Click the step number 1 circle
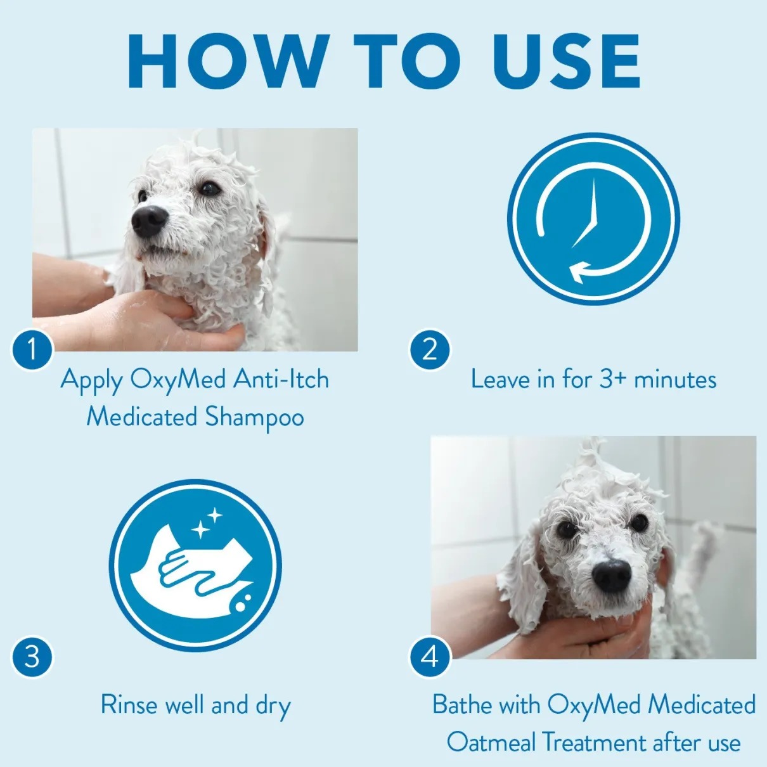[x=32, y=351]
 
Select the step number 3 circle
[x=32, y=656]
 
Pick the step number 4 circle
[x=430, y=656]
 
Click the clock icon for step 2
[x=593, y=219]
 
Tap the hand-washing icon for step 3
[x=195, y=565]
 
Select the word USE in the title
[x=567, y=61]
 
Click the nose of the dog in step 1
[x=149, y=221]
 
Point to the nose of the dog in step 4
[x=611, y=574]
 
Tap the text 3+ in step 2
[x=614, y=379]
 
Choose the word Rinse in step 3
[x=130, y=704]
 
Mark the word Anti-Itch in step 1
[x=281, y=379]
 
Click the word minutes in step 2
[x=676, y=379]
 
